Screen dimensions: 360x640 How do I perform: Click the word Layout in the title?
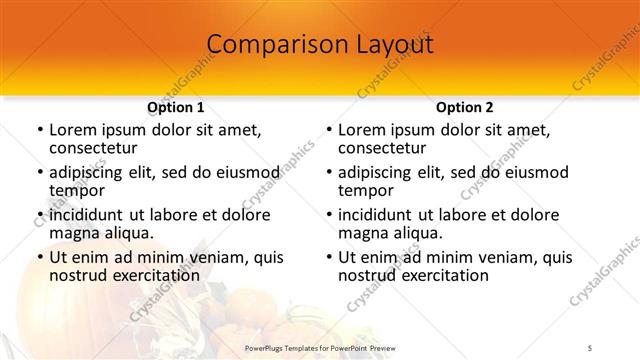pyautogui.click(x=392, y=45)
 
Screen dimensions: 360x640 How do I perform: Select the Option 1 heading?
pyautogui.click(x=176, y=107)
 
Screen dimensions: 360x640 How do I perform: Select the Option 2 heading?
pyautogui.click(x=465, y=107)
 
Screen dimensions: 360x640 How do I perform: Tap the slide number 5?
pyautogui.click(x=590, y=347)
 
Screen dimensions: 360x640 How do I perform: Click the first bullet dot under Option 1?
pyautogui.click(x=40, y=131)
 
